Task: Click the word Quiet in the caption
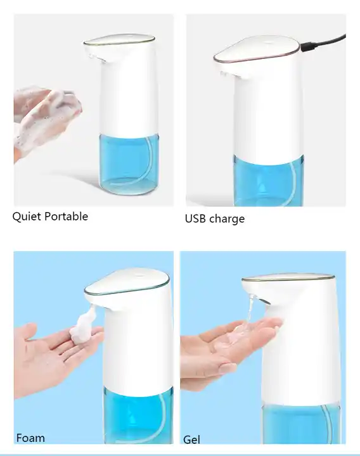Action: pyautogui.click(x=26, y=217)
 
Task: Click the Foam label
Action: pyautogui.click(x=30, y=438)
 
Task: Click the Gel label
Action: pyautogui.click(x=191, y=439)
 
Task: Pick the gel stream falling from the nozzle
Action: pyautogui.click(x=248, y=310)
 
